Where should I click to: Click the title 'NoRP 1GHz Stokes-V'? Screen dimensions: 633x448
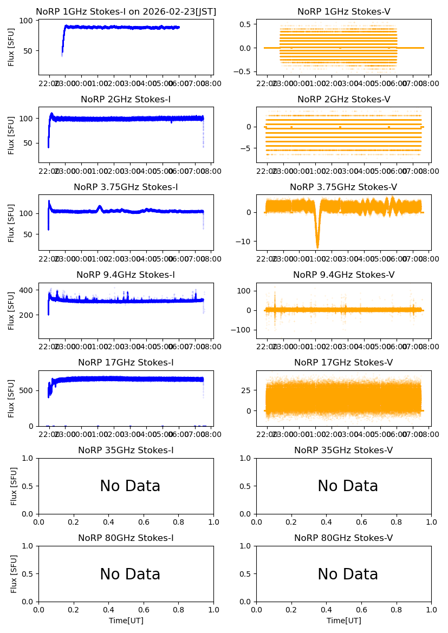(x=344, y=12)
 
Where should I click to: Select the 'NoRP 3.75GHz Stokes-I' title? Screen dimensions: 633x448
(x=126, y=187)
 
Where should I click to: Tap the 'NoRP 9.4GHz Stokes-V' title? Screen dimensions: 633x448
(x=344, y=275)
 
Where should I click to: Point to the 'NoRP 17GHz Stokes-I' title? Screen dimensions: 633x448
(x=126, y=363)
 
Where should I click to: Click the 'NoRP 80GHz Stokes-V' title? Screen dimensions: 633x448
(x=344, y=538)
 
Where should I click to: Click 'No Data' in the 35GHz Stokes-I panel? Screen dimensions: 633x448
(x=130, y=486)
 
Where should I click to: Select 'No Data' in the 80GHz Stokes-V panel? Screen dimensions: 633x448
(x=348, y=574)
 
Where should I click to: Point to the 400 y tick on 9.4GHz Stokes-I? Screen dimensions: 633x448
(x=28, y=291)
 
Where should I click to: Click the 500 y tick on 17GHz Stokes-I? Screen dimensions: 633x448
(x=28, y=390)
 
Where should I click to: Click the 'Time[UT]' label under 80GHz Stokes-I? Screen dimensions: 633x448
(x=126, y=621)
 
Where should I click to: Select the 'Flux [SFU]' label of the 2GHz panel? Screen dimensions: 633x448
(x=11, y=134)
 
